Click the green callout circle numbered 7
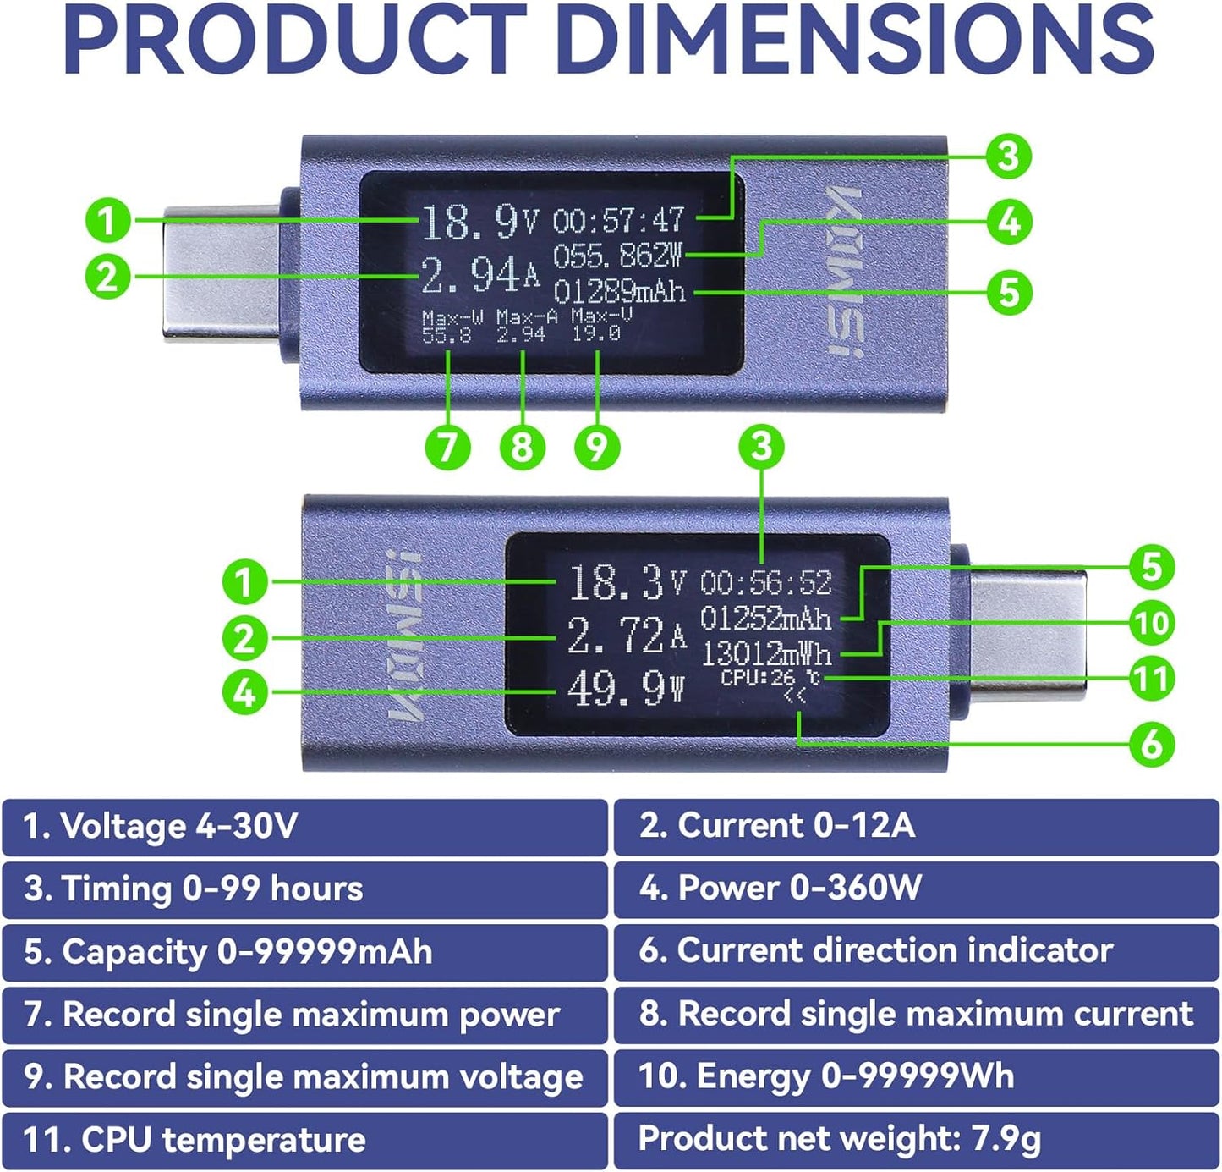tap(447, 447)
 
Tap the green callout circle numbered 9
tap(597, 447)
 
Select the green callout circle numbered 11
tap(1152, 678)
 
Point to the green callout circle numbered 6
tap(1152, 744)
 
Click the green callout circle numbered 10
tap(1152, 624)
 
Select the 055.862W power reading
tap(618, 256)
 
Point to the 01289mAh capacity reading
tap(619, 292)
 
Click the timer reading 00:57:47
tap(618, 219)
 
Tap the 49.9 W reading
tap(625, 690)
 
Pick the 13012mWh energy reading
tap(766, 654)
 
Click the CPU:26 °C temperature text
tap(770, 678)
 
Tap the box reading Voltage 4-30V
tap(304, 827)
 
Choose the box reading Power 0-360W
tap(916, 889)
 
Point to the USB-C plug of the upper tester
tap(222, 274)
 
